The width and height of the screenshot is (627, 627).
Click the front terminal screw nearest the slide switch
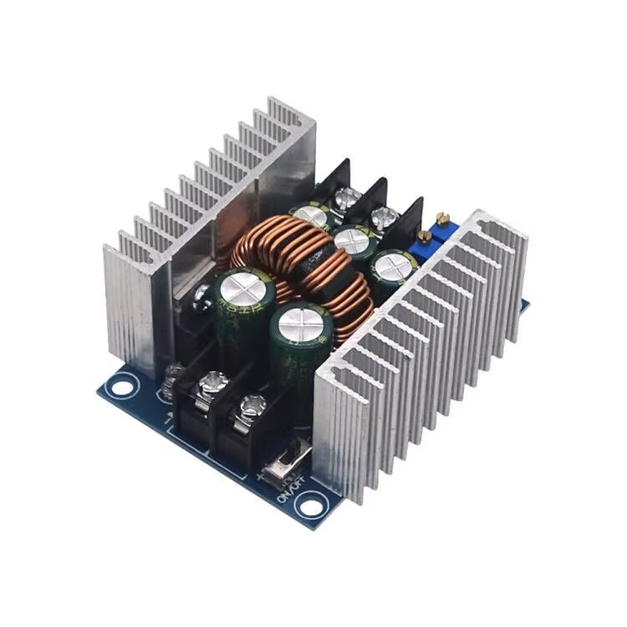coord(252,405)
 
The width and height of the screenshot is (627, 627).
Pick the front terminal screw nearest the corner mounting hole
coord(212,384)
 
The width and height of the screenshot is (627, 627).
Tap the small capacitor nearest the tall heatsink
coord(313,216)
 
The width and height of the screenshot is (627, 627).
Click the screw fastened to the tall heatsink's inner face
coord(201,293)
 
